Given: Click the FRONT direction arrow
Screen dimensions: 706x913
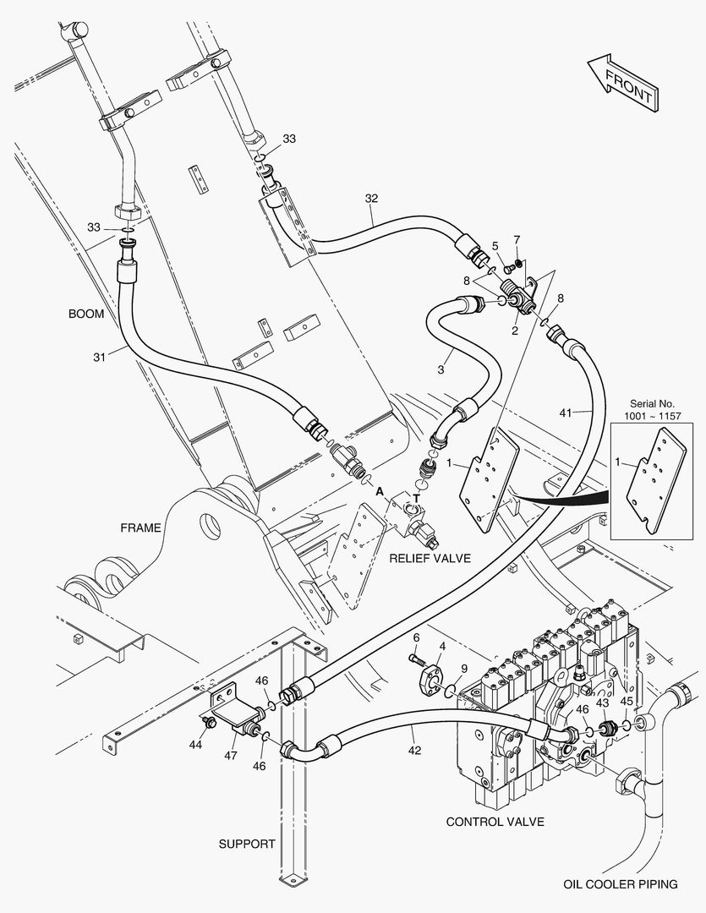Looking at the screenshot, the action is tap(623, 83).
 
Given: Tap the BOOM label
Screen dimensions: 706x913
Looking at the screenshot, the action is tap(86, 314).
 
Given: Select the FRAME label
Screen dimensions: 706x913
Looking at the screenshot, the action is tap(140, 528).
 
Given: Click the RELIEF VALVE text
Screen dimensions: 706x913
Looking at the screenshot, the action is tap(430, 559).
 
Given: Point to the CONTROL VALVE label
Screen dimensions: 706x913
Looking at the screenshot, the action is tap(495, 822).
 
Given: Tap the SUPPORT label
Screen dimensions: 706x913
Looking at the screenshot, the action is tap(247, 844).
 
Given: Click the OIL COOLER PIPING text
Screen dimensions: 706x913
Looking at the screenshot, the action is tap(621, 884).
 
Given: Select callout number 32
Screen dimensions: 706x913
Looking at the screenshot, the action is tap(372, 199).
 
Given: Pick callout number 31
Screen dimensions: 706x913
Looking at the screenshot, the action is tap(100, 357).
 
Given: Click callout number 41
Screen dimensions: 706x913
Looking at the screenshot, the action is tap(566, 413).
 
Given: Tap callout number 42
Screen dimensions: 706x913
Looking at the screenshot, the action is tap(414, 751).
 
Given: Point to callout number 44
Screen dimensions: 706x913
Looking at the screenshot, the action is tap(195, 744).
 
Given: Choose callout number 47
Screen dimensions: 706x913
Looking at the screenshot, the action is tap(231, 755).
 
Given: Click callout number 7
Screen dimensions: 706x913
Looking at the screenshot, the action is tap(517, 239).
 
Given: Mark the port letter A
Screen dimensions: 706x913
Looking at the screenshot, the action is tap(380, 492).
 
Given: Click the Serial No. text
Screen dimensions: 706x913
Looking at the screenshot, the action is tap(652, 403).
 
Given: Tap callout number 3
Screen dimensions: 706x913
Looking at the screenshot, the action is tap(441, 369).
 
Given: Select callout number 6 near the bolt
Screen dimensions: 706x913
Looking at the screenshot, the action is tap(417, 637).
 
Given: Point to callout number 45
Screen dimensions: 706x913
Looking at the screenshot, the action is tap(627, 702).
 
